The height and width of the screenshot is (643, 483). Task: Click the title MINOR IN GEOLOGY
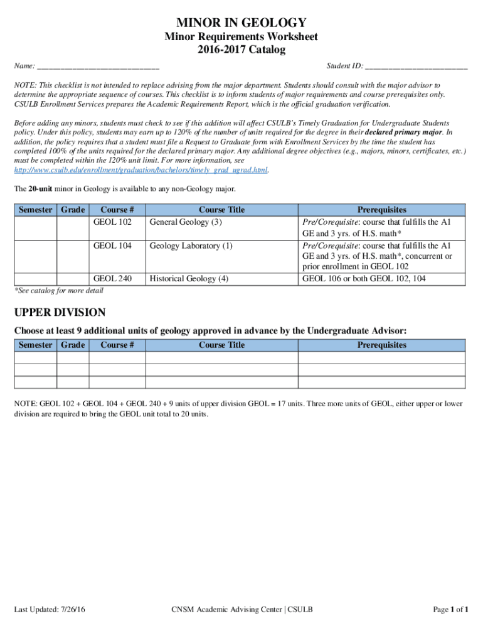[x=241, y=23]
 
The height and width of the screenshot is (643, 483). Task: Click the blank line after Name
[x=98, y=67]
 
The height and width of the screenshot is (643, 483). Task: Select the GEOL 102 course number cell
[x=112, y=222]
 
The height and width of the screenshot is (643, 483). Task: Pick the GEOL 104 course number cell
[x=112, y=246]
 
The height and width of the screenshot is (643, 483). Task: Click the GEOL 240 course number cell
[x=112, y=278]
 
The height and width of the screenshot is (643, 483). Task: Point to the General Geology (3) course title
[x=185, y=222]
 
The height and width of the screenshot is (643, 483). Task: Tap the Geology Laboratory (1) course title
[x=191, y=246]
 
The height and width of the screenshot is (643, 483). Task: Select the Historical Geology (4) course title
[x=189, y=278]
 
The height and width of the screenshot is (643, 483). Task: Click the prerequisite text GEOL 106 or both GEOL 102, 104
[x=364, y=278]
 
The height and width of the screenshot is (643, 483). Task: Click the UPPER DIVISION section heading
[x=60, y=313]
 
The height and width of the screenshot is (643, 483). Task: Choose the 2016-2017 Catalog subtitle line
[x=241, y=50]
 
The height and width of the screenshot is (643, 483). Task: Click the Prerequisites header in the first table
[x=381, y=210]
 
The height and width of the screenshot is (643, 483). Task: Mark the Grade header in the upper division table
[x=73, y=345]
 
